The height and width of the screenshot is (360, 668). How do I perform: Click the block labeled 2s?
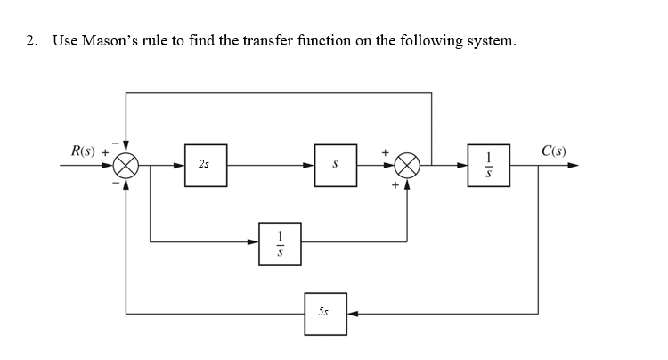(205, 165)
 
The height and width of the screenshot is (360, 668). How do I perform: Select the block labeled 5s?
(325, 314)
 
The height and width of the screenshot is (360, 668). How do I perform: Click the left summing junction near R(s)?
(126, 165)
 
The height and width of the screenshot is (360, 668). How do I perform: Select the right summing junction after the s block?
(408, 165)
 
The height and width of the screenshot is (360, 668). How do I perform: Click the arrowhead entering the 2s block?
(179, 165)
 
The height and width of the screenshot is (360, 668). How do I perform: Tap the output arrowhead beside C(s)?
(573, 165)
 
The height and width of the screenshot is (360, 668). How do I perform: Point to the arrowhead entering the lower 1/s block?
(254, 241)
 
